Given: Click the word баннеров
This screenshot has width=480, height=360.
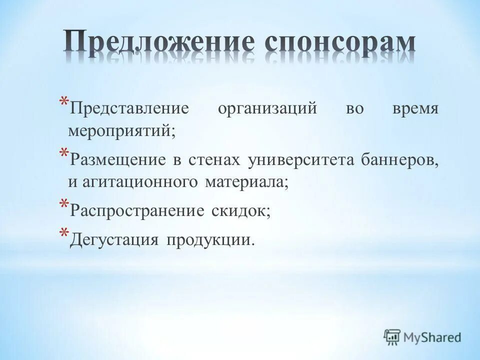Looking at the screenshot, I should tap(400, 160).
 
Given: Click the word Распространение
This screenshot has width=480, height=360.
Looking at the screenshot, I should tap(137, 210).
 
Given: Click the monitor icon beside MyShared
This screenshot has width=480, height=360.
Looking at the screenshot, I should tap(392, 337).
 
